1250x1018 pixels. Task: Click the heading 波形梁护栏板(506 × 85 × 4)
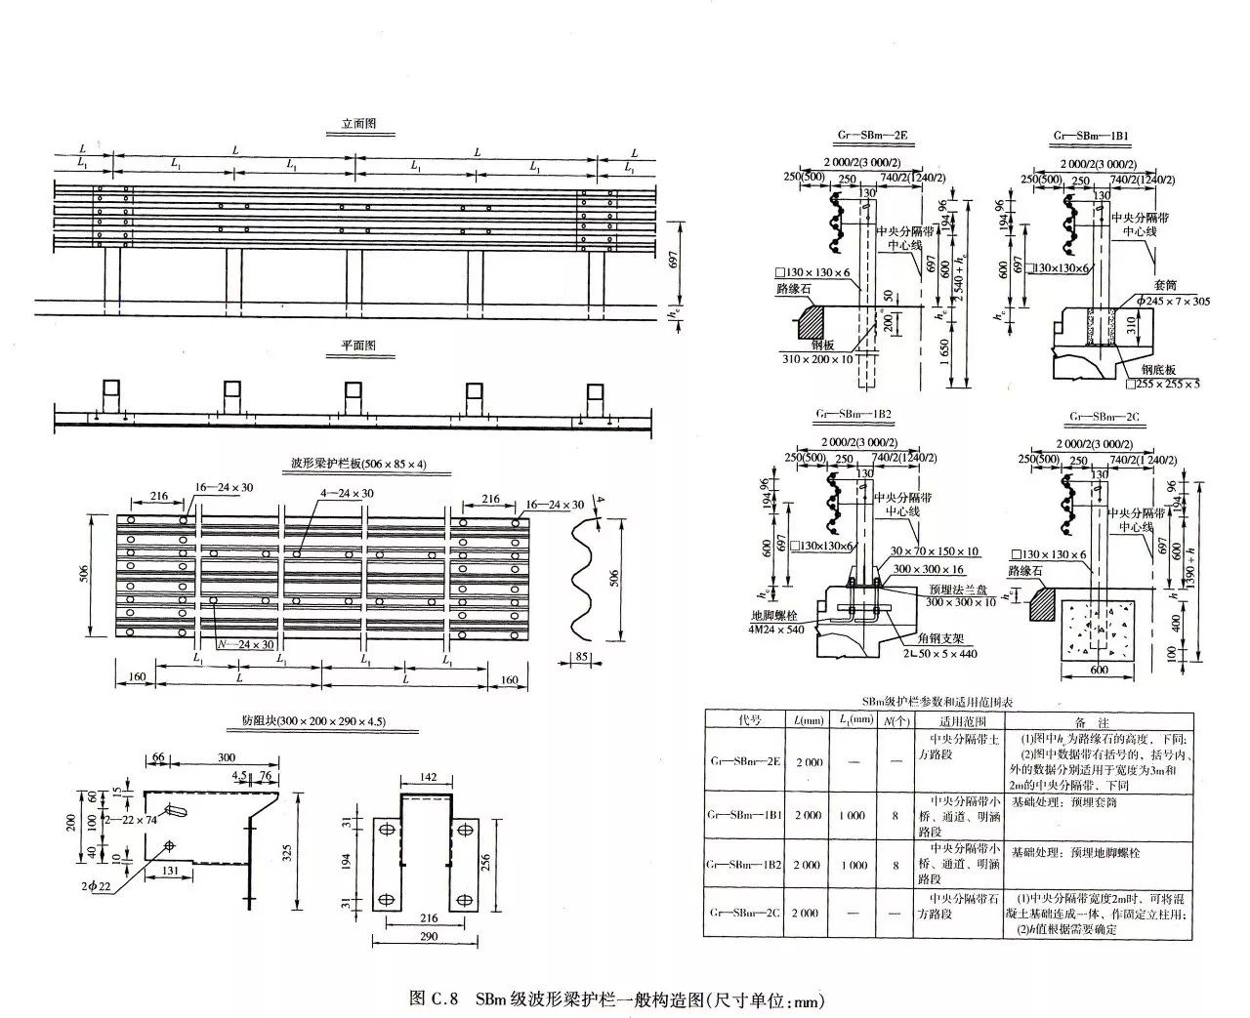pyautogui.click(x=358, y=464)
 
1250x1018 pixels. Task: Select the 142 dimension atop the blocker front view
pyautogui.click(x=427, y=776)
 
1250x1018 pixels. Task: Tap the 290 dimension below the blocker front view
pyautogui.click(x=427, y=936)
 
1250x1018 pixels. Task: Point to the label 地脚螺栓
pyautogui.click(x=770, y=617)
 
